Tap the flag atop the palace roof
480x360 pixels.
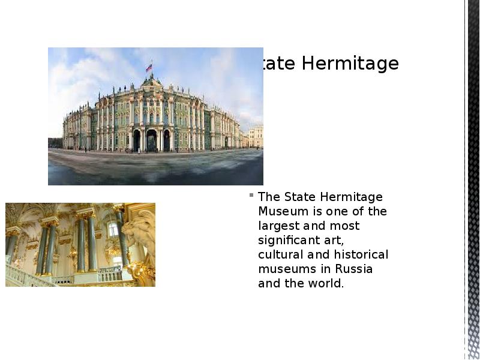click(x=148, y=68)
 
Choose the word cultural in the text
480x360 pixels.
click(x=277, y=254)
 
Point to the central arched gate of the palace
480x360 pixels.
click(x=151, y=140)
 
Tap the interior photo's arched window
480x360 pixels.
click(x=112, y=229)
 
